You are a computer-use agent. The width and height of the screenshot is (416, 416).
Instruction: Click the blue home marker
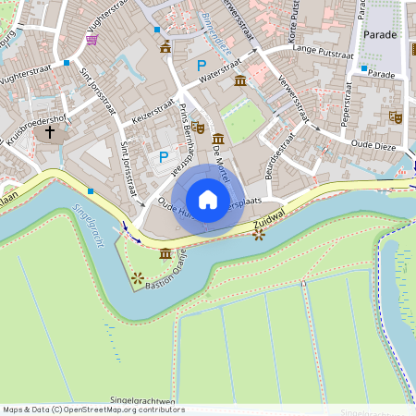[x=208, y=200]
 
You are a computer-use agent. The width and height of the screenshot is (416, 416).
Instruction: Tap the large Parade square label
[x=379, y=34]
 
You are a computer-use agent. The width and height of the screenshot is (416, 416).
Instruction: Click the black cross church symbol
[x=50, y=133]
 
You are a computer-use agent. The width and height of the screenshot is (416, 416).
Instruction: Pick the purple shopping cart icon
[x=92, y=39]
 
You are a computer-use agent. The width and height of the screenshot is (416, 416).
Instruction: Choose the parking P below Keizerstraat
[x=164, y=157]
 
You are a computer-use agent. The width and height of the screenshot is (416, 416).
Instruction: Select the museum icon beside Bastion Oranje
[x=165, y=253]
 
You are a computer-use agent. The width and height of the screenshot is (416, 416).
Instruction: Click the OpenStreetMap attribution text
[x=89, y=410]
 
